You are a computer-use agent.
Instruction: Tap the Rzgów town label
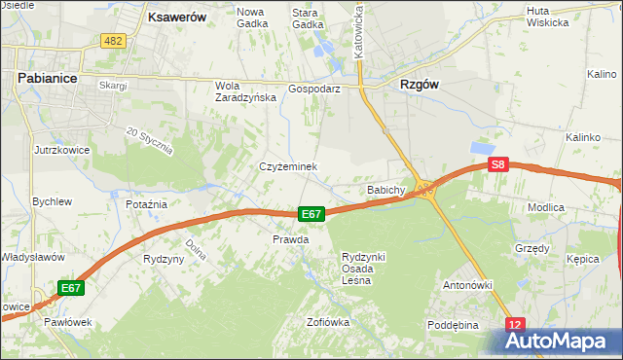click(420, 84)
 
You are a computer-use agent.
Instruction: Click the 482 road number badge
click(113, 40)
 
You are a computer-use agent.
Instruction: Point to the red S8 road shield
click(498, 165)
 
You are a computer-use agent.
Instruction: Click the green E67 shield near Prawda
click(311, 214)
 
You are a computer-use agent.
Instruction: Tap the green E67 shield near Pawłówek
click(70, 288)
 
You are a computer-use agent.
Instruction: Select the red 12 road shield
click(515, 324)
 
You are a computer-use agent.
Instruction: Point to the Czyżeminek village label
click(287, 166)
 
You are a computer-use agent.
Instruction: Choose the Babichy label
click(385, 190)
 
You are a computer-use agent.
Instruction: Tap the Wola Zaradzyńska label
click(239, 91)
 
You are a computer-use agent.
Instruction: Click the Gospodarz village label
click(313, 88)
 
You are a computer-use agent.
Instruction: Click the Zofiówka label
click(327, 321)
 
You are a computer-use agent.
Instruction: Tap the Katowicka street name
click(359, 29)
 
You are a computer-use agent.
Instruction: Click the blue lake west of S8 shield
click(483, 147)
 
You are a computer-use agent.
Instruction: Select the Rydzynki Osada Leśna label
click(364, 269)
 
